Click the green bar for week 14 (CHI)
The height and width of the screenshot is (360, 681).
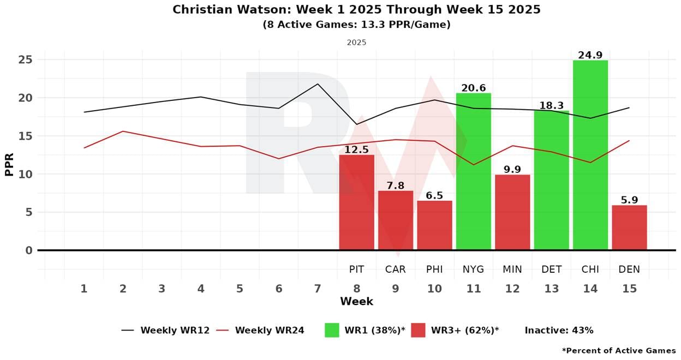click(x=590, y=155)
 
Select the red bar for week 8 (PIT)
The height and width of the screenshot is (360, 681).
click(x=356, y=202)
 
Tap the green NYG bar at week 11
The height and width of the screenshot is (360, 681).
click(x=474, y=171)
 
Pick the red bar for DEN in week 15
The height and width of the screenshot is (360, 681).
click(x=629, y=227)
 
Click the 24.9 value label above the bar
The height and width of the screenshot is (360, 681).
click(x=590, y=55)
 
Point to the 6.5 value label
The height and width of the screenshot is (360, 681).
click(x=434, y=195)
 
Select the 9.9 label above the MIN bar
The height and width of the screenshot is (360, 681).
click(x=512, y=170)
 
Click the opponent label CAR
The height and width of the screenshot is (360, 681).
click(x=396, y=269)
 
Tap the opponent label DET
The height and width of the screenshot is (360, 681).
click(x=551, y=269)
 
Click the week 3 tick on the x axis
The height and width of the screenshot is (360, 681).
click(x=162, y=289)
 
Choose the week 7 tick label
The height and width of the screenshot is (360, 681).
click(x=318, y=289)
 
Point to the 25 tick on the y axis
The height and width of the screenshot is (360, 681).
click(x=25, y=59)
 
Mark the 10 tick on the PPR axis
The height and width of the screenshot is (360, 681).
click(x=25, y=174)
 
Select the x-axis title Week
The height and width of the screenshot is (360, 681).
click(x=356, y=302)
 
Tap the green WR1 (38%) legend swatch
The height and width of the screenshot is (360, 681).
click(x=332, y=330)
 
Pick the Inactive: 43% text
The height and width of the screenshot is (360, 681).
click(x=559, y=330)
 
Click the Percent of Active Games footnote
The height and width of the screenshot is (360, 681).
click(x=619, y=350)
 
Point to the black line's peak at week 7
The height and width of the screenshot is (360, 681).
click(x=318, y=84)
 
